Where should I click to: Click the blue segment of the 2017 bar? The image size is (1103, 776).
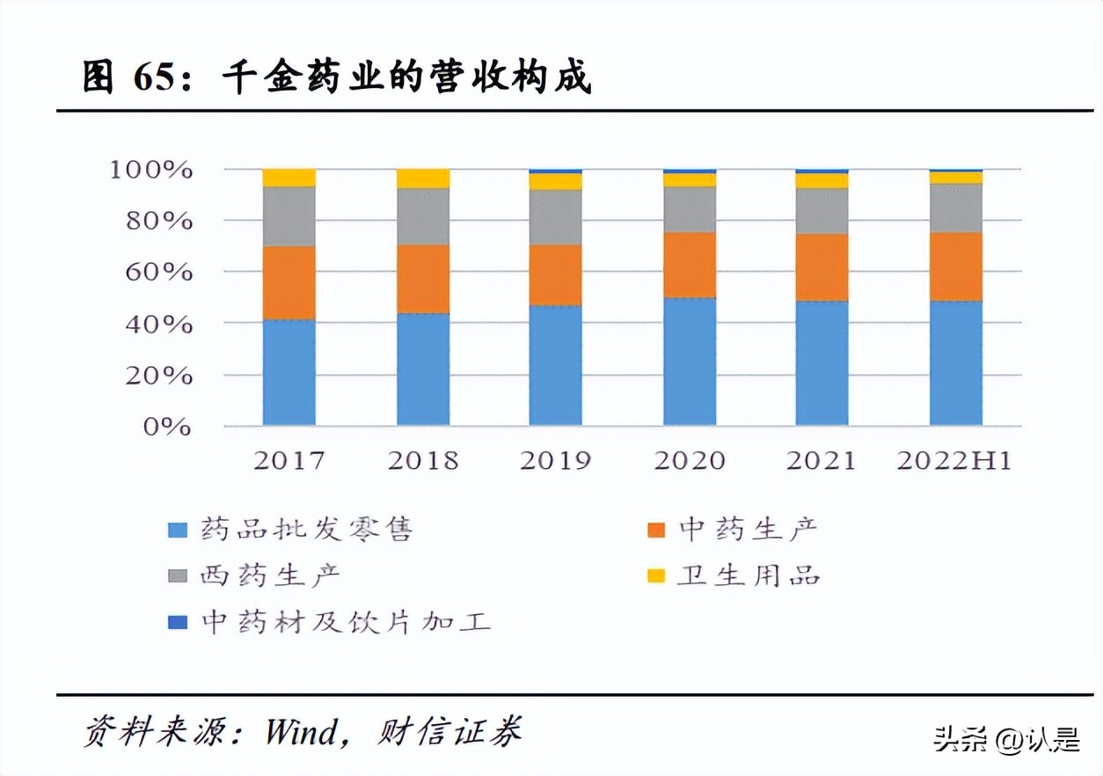[289, 372]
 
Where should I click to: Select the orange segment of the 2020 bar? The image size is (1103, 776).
[689, 265]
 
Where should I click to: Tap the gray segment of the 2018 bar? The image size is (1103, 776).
[422, 216]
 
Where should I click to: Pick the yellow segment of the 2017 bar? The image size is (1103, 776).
[289, 178]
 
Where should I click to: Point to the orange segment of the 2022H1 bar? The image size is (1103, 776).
[955, 267]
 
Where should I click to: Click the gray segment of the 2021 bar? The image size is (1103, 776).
[822, 211]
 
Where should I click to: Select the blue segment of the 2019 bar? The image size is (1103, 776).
[555, 365]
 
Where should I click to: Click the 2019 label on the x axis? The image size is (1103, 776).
[555, 460]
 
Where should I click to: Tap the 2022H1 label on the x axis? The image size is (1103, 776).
[954, 460]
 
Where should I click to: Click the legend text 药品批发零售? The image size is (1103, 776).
[306, 530]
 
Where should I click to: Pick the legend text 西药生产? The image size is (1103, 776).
[270, 576]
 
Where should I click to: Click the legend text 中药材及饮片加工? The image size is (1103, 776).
[346, 623]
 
